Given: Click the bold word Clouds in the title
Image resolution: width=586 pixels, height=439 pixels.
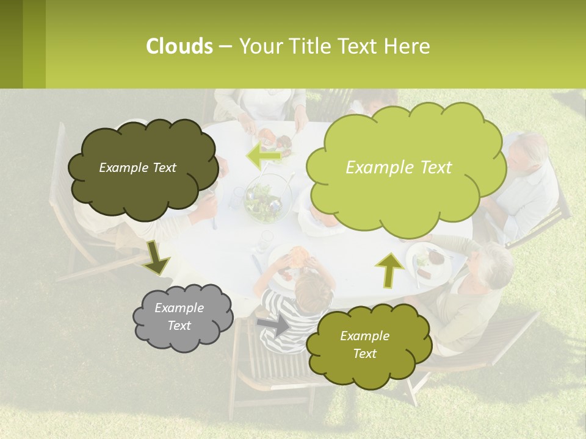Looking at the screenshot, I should pos(179,46).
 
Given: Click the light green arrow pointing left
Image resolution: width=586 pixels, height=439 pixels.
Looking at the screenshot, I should pos(264,156).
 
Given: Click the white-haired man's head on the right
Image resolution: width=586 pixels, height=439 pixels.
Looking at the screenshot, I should pos(529,152).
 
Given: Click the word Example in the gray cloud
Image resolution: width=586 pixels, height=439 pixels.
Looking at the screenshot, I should pos(179,308).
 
